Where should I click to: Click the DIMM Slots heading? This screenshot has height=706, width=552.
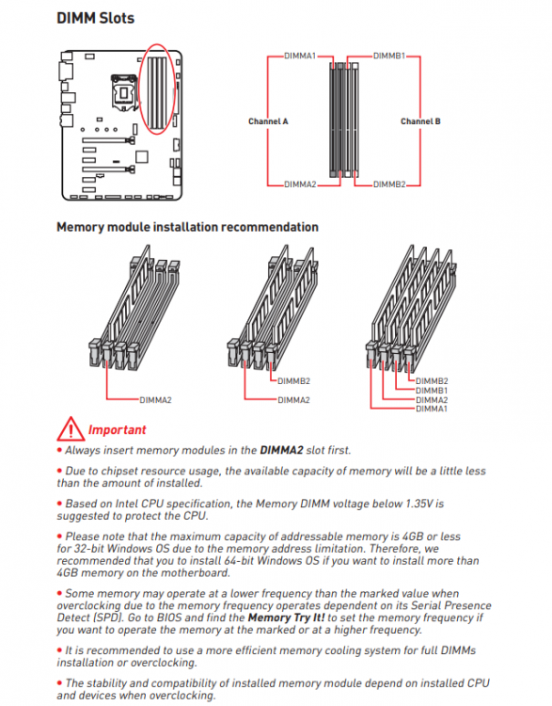pyautogui.click(x=95, y=18)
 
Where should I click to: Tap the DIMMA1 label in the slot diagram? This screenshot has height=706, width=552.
pyautogui.click(x=300, y=56)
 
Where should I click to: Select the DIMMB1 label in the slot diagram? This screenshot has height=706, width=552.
pyautogui.click(x=389, y=56)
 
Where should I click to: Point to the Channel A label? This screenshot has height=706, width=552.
pyautogui.click(x=268, y=121)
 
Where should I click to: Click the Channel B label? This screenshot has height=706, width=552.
pyautogui.click(x=420, y=121)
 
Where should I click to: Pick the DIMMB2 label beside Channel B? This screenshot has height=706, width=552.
pyautogui.click(x=389, y=185)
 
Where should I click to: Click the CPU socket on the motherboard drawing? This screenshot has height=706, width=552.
pyautogui.click(x=123, y=92)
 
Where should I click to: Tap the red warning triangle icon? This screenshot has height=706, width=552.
pyautogui.click(x=71, y=428)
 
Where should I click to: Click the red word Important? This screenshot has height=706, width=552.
pyautogui.click(x=117, y=429)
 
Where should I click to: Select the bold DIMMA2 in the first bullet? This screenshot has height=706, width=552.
pyautogui.click(x=281, y=450)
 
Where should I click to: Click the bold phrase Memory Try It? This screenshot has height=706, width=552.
pyautogui.click(x=286, y=618)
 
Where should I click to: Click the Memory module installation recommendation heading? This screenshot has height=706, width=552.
pyautogui.click(x=187, y=227)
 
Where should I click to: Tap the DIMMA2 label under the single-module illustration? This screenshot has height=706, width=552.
pyautogui.click(x=155, y=400)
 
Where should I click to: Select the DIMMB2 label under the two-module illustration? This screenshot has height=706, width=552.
pyautogui.click(x=293, y=381)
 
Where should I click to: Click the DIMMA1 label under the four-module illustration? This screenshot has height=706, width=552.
pyautogui.click(x=432, y=409)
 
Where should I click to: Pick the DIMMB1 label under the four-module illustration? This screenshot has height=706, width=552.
pyautogui.click(x=432, y=391)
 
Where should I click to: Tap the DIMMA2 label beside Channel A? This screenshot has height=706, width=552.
pyautogui.click(x=300, y=185)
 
